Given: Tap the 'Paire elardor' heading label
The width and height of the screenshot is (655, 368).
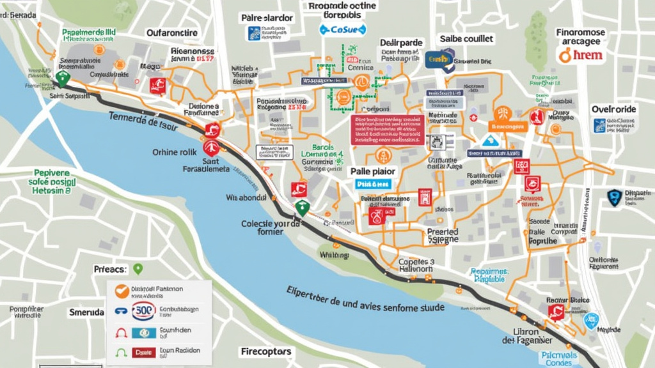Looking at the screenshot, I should coord(267,18).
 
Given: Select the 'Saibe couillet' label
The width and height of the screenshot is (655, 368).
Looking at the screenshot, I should coord(465,39).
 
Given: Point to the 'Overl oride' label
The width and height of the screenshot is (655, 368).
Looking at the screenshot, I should coord(613,109).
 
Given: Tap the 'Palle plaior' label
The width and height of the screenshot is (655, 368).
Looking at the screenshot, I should coord(373,171).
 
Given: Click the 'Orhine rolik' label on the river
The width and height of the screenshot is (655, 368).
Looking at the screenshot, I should coord(173,152).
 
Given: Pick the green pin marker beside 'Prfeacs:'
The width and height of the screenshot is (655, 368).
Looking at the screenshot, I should coord(138,269).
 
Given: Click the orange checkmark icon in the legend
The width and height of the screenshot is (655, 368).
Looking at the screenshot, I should coord(122,291).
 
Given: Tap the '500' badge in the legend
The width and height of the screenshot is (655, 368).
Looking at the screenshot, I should coord(143,311).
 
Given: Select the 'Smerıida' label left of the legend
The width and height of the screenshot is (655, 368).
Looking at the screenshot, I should coord(86,313).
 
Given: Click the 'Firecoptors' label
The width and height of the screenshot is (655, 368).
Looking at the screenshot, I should coord(267,351).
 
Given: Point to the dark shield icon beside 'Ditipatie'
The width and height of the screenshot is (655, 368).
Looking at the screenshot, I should coord(614,196).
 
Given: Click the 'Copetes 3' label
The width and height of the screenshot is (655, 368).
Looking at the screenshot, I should coord(417,261).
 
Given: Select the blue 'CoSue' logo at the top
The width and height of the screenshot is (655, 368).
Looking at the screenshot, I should coord(343,29).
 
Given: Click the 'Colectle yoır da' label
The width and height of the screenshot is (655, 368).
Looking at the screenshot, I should coord(271,224).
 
